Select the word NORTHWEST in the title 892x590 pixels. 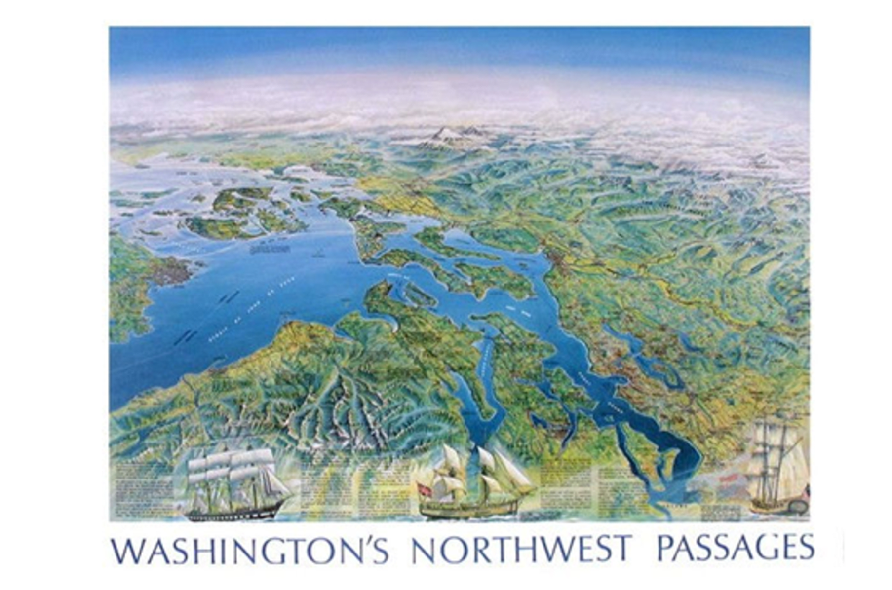pos(521,549)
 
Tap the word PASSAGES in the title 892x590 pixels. pos(735,548)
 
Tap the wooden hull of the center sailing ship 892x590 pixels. pos(469,508)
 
